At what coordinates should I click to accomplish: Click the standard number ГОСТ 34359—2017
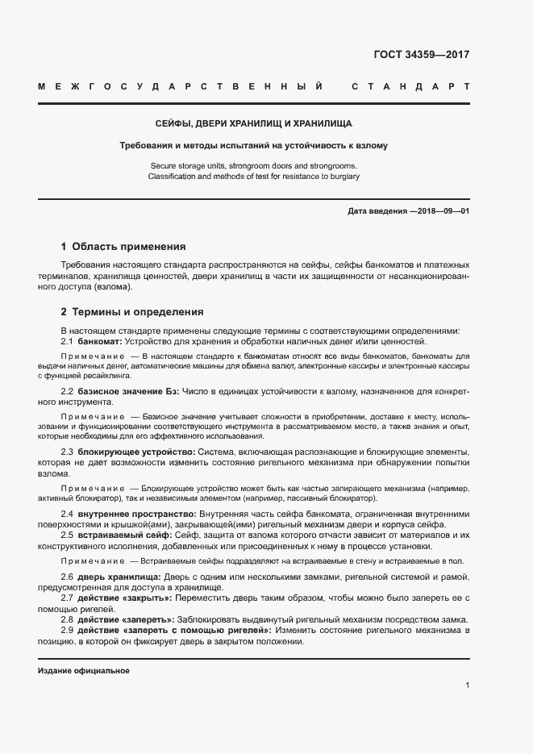click(422, 56)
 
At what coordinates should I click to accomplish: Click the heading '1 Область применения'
click(123, 247)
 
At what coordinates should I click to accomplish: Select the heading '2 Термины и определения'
click(132, 311)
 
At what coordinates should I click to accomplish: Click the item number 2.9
click(68, 629)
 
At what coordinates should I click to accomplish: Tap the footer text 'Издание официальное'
click(84, 671)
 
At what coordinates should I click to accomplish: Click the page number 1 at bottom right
click(467, 685)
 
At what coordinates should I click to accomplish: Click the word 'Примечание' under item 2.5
click(93, 560)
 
